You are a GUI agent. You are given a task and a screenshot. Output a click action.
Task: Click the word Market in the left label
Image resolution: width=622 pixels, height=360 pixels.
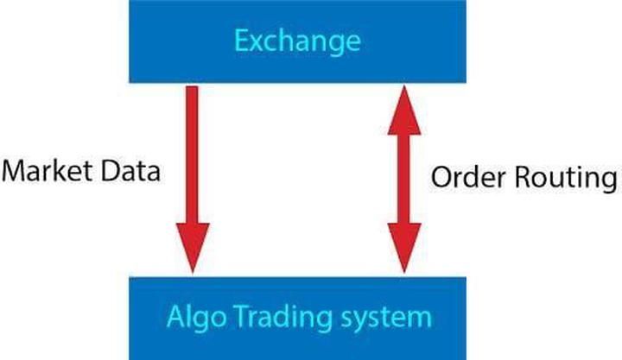click(47, 171)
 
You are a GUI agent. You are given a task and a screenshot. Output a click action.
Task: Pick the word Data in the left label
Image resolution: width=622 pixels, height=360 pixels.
click(130, 171)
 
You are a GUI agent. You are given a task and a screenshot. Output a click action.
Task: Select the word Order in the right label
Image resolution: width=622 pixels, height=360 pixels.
click(468, 177)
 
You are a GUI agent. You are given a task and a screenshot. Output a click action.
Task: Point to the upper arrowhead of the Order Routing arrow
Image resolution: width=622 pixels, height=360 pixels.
click(404, 111)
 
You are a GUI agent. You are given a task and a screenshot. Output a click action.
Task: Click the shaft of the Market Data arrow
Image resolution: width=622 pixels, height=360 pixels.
click(193, 155)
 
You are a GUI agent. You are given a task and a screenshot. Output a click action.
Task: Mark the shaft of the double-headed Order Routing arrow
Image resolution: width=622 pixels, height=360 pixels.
click(404, 179)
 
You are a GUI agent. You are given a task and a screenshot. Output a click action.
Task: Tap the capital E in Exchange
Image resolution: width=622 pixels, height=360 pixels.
click(242, 41)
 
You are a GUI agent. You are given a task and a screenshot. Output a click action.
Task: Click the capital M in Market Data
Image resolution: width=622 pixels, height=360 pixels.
click(16, 171)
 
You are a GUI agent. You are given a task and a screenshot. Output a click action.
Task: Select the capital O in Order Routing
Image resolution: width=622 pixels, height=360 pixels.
click(442, 177)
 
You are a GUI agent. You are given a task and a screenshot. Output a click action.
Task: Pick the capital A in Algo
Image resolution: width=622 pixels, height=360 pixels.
click(177, 316)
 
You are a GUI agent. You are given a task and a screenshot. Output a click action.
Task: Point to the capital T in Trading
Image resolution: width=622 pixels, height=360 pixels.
click(242, 316)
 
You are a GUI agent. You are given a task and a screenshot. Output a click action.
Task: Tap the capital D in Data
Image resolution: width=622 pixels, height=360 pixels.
click(111, 171)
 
